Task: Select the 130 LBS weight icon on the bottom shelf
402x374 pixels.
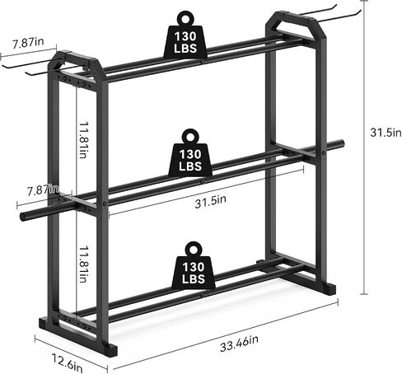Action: pyautogui.click(x=194, y=265)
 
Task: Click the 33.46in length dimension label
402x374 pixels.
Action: pyautogui.click(x=239, y=344)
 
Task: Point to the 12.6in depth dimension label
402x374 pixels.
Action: pyautogui.click(x=68, y=362)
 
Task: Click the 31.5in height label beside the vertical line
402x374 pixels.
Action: pyautogui.click(x=386, y=133)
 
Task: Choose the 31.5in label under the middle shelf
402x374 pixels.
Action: pyautogui.click(x=211, y=202)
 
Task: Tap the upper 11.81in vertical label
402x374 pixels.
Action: pyautogui.click(x=83, y=140)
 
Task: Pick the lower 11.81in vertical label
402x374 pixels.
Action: pyautogui.click(x=83, y=264)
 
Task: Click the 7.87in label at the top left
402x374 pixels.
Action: pyautogui.click(x=28, y=43)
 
